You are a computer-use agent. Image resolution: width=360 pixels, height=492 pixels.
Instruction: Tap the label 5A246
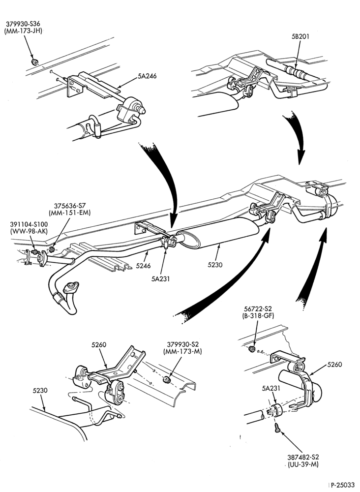point(147,76)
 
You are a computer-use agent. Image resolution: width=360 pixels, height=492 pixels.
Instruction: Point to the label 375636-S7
point(70,206)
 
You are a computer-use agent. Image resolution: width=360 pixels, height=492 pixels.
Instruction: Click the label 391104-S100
point(29,225)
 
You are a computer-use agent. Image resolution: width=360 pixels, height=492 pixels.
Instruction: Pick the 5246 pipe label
point(143,266)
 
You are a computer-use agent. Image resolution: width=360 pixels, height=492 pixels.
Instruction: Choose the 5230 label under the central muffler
point(215,265)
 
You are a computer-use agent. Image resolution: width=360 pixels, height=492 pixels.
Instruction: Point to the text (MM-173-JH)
point(23,31)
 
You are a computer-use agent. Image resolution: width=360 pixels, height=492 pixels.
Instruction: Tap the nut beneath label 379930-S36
point(33,61)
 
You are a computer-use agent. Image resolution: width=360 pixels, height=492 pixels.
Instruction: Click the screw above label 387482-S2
point(277,428)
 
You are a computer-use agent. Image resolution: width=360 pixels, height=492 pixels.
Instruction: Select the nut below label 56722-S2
point(251,349)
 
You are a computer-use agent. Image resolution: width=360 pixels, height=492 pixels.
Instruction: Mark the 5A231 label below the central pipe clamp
point(160,278)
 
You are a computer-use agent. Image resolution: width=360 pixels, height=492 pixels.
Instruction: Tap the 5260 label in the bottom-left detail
point(99,344)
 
